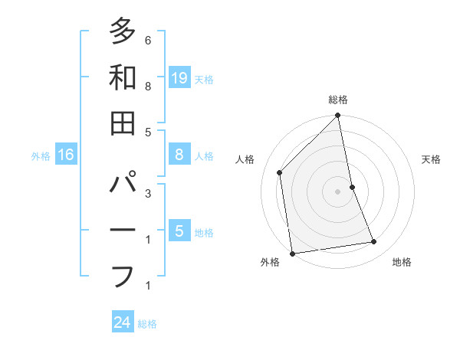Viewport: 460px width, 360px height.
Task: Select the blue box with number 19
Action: click(179, 77)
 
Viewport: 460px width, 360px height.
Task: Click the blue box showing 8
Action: click(179, 155)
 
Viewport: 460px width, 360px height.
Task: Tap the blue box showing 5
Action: click(179, 231)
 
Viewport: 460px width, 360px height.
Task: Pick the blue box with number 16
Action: click(66, 155)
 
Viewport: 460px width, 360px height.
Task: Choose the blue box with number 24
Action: click(123, 322)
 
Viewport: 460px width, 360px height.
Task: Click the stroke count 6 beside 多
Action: click(148, 40)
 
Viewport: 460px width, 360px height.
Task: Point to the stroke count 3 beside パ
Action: click(148, 193)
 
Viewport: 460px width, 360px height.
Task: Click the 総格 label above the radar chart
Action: click(338, 100)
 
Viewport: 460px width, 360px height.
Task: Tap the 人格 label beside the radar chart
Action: click(245, 159)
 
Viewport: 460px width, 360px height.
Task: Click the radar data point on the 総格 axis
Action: click(338, 116)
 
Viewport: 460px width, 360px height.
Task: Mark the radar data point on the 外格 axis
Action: click(293, 253)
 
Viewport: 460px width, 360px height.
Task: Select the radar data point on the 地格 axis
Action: click(374, 242)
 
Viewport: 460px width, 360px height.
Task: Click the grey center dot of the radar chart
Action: click(338, 191)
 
